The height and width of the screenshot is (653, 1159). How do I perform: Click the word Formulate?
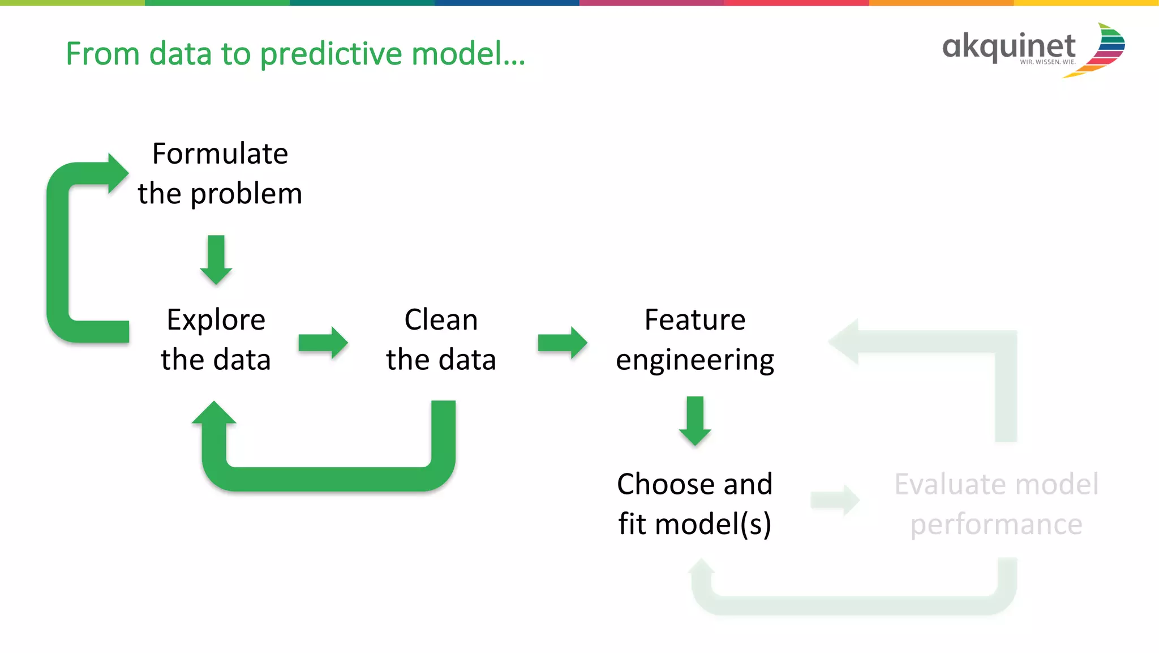tap(220, 154)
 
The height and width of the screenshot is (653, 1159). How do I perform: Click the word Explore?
tap(216, 320)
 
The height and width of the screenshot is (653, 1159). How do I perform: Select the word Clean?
tap(441, 320)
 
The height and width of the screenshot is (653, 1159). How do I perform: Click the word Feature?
tap(695, 320)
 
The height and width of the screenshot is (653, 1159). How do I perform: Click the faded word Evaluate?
tap(946, 484)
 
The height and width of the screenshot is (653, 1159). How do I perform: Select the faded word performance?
tap(996, 524)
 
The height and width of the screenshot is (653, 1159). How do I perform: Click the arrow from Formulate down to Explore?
tap(216, 259)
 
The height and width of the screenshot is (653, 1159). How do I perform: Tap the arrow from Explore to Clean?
tap(323, 343)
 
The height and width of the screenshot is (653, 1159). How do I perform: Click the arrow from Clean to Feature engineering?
tap(563, 343)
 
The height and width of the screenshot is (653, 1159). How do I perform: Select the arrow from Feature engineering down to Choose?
tap(695, 421)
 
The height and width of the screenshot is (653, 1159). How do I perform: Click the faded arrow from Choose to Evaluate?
tap(835, 500)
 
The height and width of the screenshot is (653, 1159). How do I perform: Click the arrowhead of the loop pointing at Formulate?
tap(117, 173)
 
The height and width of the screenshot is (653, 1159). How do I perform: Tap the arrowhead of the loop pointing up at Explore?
tap(214, 414)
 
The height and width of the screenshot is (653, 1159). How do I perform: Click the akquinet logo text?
tap(1008, 47)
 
